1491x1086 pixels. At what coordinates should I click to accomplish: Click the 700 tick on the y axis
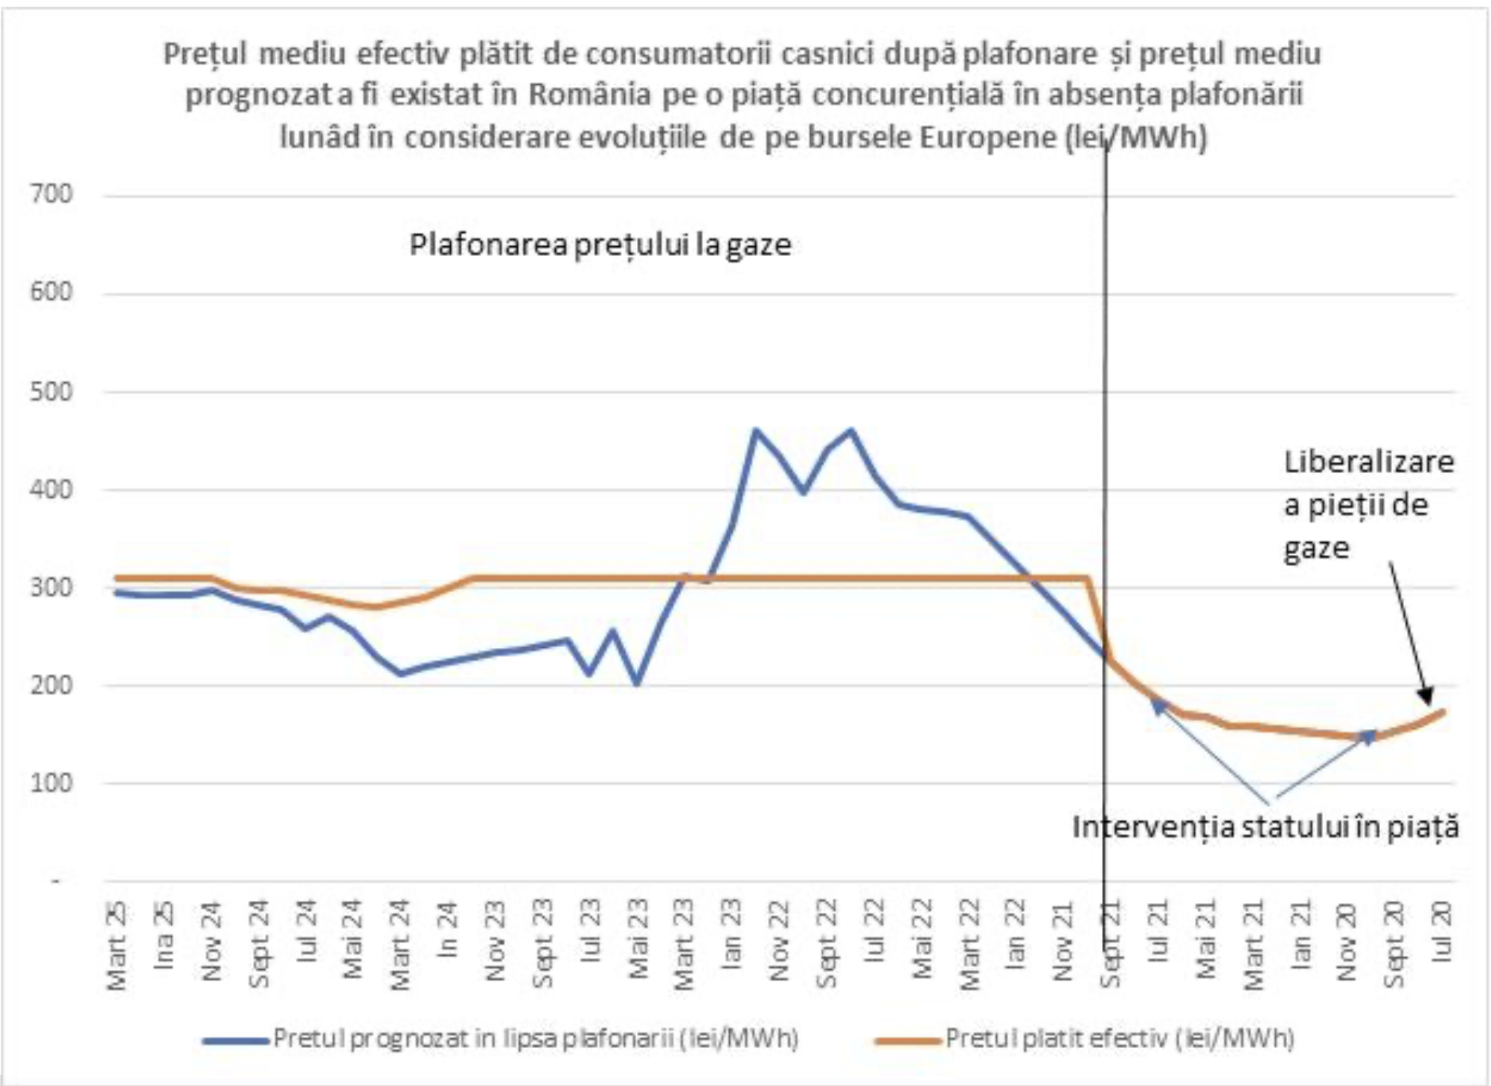(x=51, y=195)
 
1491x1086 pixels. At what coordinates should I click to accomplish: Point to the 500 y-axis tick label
(x=51, y=392)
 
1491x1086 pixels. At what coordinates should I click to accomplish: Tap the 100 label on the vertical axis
(x=51, y=783)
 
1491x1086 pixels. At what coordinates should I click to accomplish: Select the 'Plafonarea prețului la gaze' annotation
(x=600, y=245)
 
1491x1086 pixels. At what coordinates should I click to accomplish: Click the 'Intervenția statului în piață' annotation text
(x=1265, y=827)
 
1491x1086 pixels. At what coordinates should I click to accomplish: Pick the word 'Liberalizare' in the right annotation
(x=1368, y=462)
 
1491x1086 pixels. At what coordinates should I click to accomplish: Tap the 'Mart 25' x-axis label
(x=117, y=945)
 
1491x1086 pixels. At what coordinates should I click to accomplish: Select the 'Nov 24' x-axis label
(x=211, y=942)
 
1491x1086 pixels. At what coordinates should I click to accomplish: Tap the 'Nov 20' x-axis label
(x=1347, y=942)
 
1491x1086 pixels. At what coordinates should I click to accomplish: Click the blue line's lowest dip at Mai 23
(x=637, y=683)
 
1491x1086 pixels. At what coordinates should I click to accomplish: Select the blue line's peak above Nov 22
(x=756, y=430)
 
